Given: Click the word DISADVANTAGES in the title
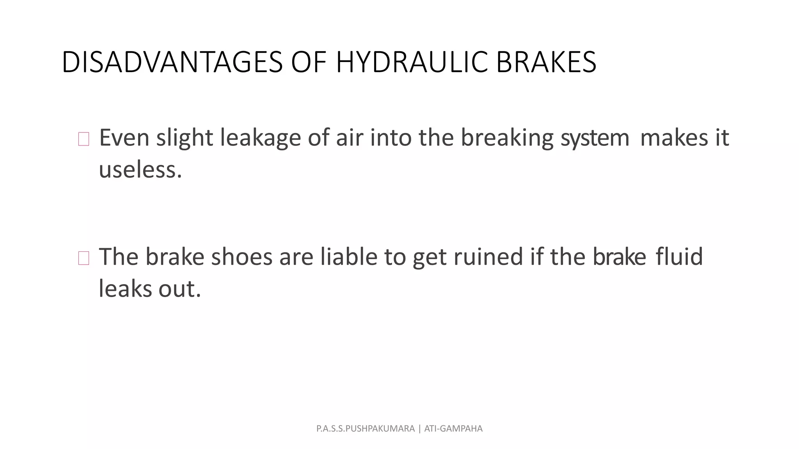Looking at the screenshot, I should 172,62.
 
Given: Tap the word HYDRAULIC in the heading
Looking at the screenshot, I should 412,62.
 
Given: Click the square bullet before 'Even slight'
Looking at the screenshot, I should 83,139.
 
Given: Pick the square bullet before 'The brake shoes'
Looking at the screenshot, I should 83,258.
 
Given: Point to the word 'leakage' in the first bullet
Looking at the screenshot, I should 261,138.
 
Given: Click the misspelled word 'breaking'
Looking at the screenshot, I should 507,138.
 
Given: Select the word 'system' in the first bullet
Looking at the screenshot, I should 595,138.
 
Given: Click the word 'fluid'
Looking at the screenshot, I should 679,257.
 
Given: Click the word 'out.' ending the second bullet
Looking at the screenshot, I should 179,289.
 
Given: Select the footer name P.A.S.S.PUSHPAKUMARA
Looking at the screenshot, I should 365,429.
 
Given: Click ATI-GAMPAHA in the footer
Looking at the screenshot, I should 453,429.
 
